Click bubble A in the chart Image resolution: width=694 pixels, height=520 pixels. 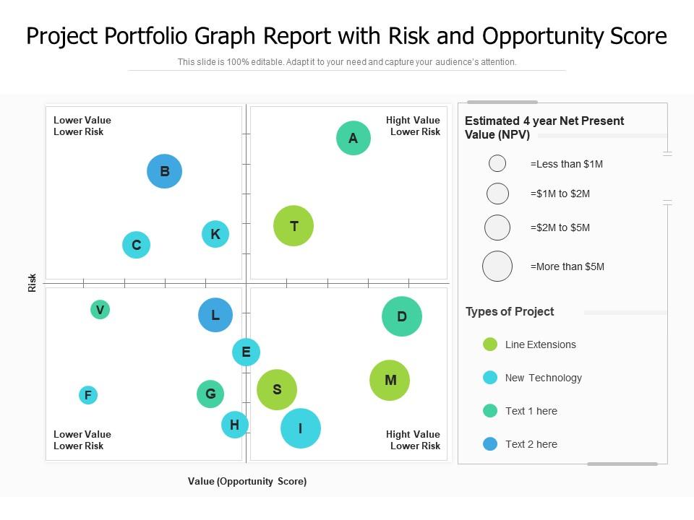tap(353, 138)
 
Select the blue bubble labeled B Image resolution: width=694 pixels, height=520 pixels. tap(164, 172)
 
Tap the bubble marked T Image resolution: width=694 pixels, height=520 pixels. tap(294, 226)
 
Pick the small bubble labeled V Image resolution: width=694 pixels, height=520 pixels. tap(100, 310)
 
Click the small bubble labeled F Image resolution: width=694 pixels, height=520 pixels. tap(87, 395)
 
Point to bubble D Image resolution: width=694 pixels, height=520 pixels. tap(401, 316)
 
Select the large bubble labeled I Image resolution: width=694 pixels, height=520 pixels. tap(300, 428)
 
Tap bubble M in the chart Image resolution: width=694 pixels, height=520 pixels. tap(390, 381)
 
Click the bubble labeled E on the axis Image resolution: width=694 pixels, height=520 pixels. tap(246, 352)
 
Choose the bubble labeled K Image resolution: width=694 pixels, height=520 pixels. tap(215, 234)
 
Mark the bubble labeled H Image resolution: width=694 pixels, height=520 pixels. tap(234, 425)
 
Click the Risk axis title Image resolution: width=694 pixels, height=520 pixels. tap(32, 282)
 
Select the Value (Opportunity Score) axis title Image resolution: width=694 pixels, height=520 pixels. tap(247, 481)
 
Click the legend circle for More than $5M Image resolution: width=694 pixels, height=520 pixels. tap(497, 266)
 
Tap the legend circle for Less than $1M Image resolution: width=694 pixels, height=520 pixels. tap(497, 164)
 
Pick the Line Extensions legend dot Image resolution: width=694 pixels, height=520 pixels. tap(490, 344)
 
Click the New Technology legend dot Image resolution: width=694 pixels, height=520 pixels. tap(490, 378)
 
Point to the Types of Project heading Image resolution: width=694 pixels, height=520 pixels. tap(510, 312)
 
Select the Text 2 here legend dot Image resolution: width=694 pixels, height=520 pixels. tap(490, 444)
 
